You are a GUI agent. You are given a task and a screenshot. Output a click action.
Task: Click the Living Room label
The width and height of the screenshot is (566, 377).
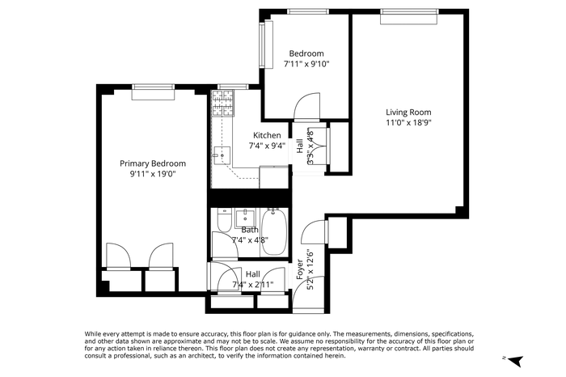[x=408, y=112]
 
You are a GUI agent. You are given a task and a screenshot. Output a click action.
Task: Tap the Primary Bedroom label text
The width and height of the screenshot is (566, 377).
[x=153, y=163]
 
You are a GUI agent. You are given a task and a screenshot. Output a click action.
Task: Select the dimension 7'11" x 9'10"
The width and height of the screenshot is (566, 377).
[x=306, y=64]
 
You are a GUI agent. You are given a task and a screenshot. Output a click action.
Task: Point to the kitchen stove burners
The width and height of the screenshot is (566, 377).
[x=223, y=104]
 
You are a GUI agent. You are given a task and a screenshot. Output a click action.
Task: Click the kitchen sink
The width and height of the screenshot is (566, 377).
[x=222, y=155]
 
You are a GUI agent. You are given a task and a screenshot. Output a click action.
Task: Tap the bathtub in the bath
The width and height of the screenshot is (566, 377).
[x=274, y=231]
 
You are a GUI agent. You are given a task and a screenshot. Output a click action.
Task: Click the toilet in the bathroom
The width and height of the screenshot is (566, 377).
[x=224, y=221]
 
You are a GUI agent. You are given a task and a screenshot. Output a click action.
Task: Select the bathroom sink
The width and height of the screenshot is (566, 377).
[x=245, y=218]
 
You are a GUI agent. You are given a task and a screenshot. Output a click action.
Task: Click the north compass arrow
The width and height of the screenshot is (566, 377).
[x=517, y=361]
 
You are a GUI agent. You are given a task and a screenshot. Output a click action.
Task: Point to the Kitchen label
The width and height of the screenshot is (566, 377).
[x=267, y=135]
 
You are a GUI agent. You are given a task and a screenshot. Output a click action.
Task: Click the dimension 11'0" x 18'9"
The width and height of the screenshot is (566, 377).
[x=408, y=123]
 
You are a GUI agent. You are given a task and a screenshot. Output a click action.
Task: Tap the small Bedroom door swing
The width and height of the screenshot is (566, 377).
[x=307, y=106]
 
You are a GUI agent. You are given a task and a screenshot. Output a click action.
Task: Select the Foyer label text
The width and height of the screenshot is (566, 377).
[x=300, y=269]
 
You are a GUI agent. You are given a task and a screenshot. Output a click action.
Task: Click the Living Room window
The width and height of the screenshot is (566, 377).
[x=409, y=17]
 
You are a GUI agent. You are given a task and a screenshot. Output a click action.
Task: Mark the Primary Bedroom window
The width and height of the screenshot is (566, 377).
[x=153, y=91]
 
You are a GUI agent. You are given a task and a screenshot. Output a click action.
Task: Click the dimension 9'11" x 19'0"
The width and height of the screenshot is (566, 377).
[x=153, y=174]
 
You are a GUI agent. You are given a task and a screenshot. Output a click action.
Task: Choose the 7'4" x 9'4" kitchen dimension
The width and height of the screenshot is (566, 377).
[x=267, y=146]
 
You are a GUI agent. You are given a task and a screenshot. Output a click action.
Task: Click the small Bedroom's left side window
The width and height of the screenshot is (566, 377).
[x=267, y=44]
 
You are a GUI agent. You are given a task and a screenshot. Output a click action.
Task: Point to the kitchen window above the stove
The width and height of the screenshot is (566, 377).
[x=233, y=87]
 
